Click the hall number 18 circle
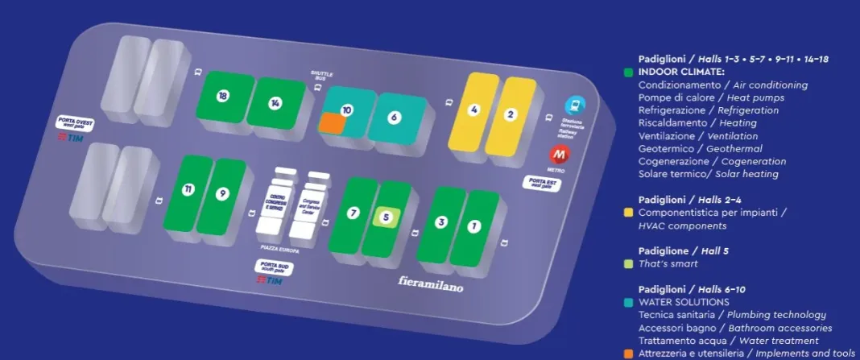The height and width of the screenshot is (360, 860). pos(223,96)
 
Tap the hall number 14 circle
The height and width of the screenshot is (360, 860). pos(275,103)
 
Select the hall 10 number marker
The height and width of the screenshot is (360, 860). pos(347,110)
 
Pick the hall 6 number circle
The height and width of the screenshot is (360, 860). pos(394,117)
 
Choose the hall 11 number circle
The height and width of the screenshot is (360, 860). pos(188,190)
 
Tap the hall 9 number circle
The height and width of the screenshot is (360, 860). pos(222,193)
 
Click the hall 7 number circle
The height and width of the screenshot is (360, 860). pos(353,213)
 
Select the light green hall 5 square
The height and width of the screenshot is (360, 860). pos(387,217)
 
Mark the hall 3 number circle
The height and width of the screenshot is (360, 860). pos(440,221)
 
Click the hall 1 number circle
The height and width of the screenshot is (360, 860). pos(474,226)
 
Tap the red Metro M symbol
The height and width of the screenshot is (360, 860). pos(558,154)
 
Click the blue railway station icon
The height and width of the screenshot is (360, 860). pos(574,106)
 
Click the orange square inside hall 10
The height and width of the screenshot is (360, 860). pos(331,122)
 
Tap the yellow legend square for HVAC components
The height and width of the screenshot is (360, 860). pos(627,213)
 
